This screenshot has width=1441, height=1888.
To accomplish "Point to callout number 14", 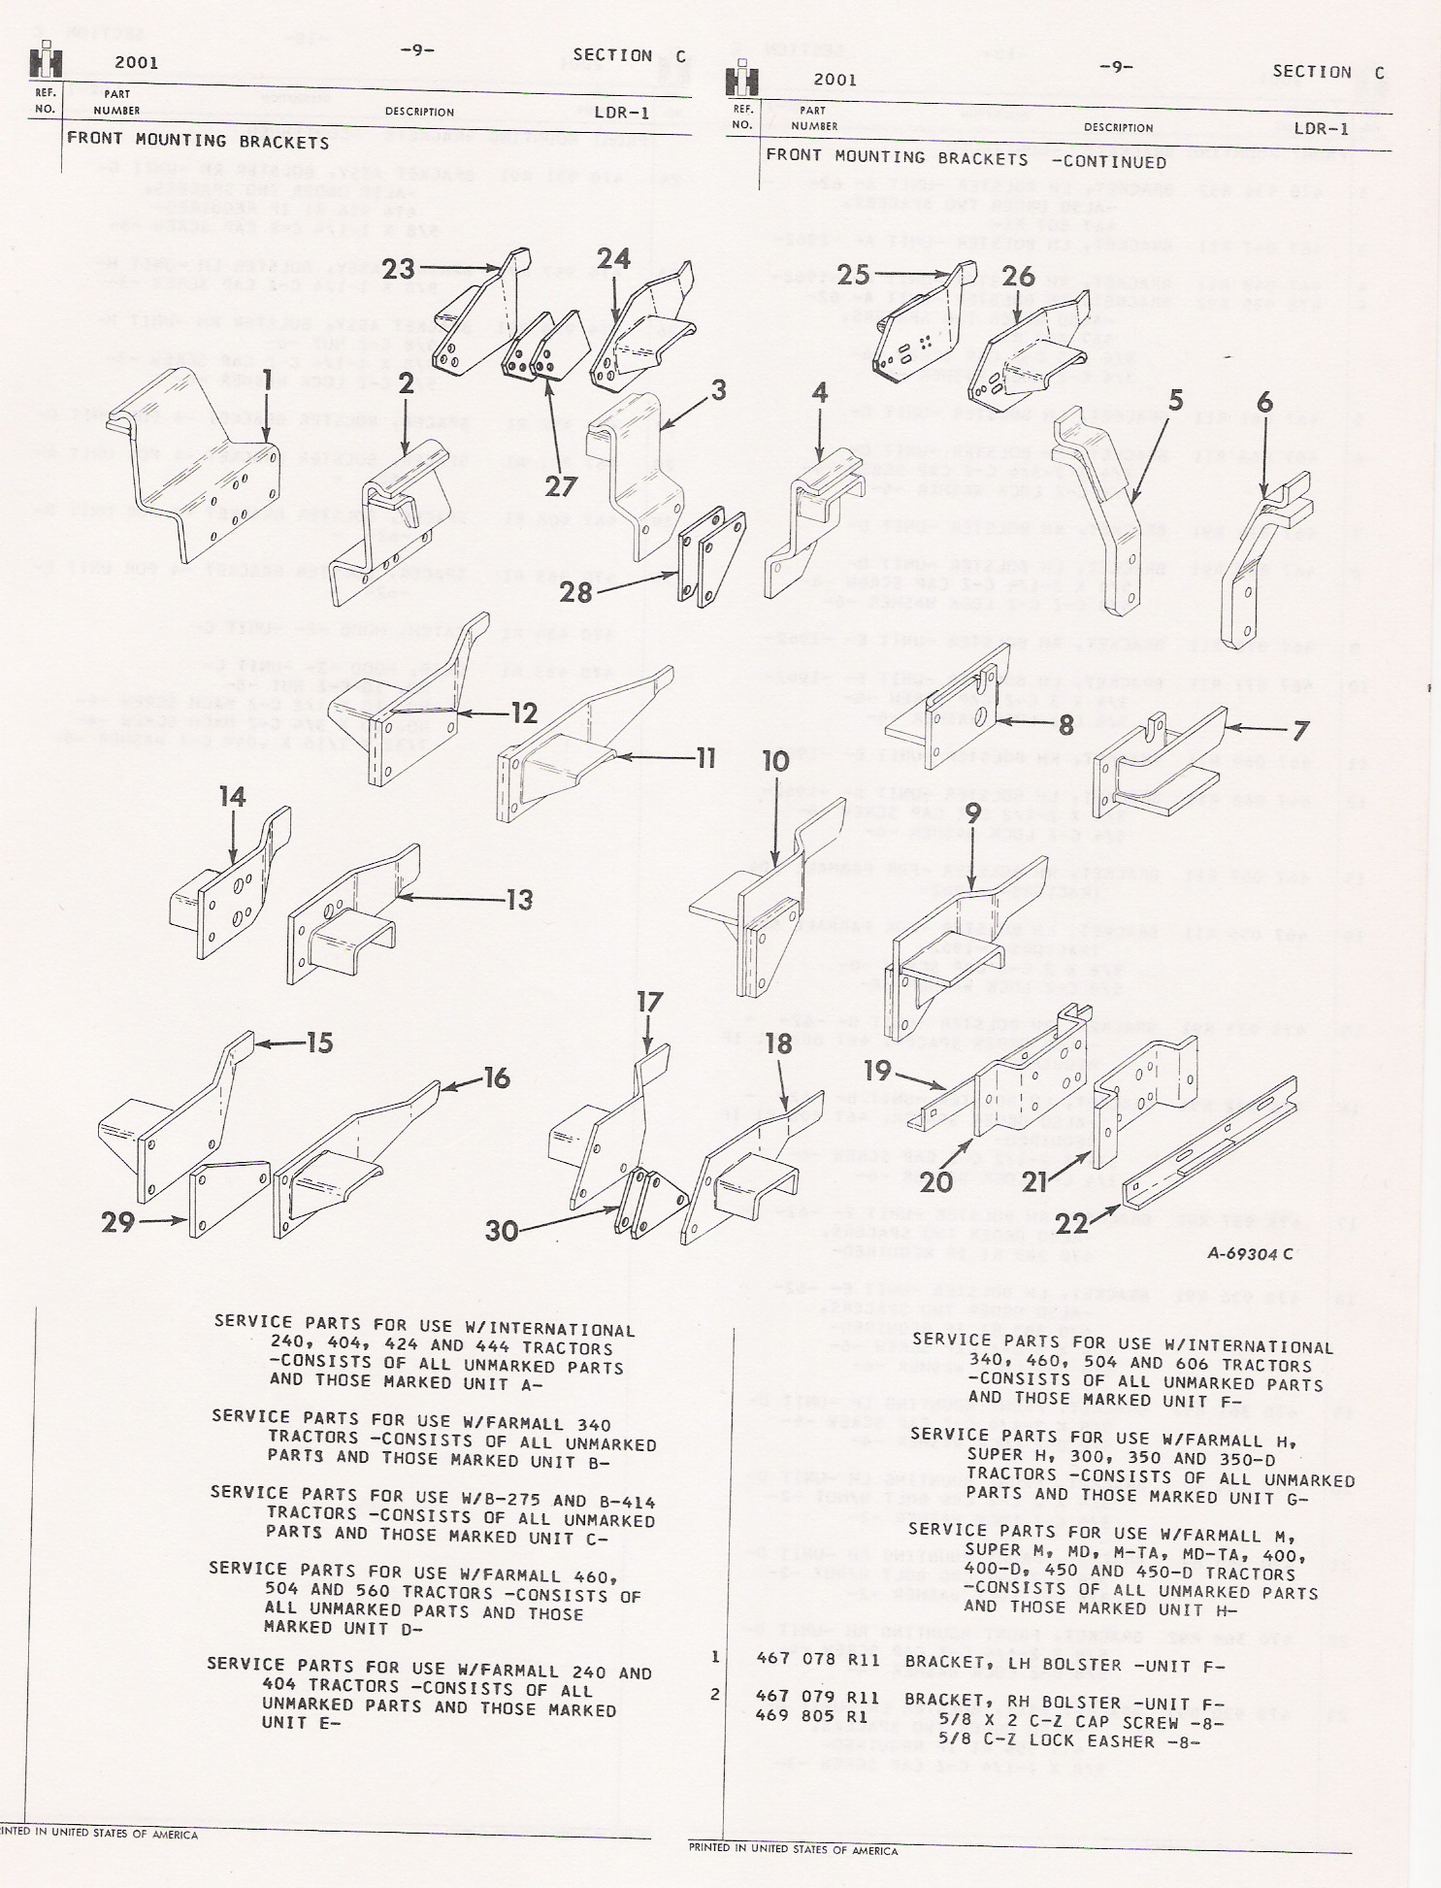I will pyautogui.click(x=232, y=798).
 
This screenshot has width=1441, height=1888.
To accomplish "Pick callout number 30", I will pyautogui.click(x=502, y=1230).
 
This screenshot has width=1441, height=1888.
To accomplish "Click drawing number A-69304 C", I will pyautogui.click(x=1250, y=1253).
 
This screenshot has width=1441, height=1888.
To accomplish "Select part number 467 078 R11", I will pyautogui.click(x=818, y=1660).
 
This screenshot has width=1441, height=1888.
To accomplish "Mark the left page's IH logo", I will pyautogui.click(x=46, y=61).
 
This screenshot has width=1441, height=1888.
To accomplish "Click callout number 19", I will pyautogui.click(x=877, y=1071).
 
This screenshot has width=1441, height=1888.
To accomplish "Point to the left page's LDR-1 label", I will pyautogui.click(x=621, y=113).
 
